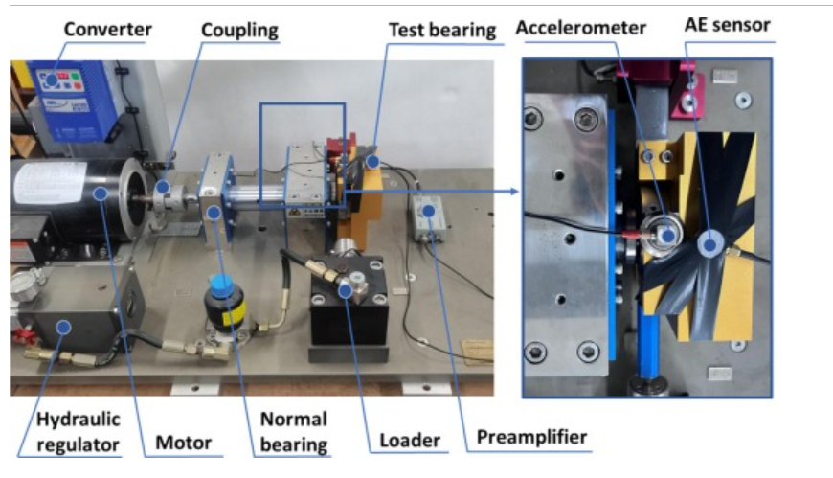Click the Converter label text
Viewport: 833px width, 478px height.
point(108,30)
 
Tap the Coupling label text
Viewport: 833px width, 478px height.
point(239,31)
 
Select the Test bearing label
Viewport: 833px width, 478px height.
point(442,31)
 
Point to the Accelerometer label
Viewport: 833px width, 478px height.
point(580,28)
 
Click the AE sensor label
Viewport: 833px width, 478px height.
point(728,25)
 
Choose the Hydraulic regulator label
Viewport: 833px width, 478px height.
point(79,432)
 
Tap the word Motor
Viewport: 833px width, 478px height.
point(183,443)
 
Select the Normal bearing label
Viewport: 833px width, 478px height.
point(294,432)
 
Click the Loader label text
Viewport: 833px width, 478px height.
point(410,441)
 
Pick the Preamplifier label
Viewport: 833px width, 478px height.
point(531,437)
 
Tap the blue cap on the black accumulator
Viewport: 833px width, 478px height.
point(221,285)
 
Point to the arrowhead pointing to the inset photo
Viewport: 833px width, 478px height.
point(514,191)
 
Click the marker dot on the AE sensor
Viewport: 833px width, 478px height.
point(709,245)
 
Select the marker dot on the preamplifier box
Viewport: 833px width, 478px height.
point(428,212)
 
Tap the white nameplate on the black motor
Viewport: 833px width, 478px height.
point(49,182)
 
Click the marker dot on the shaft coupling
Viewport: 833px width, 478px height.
point(163,187)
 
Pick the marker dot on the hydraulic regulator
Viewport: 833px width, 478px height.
point(64,327)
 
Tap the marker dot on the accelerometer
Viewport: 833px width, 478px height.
point(667,235)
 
